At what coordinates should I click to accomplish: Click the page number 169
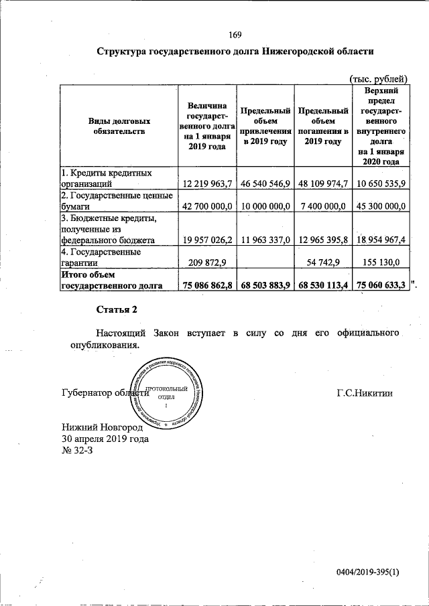coord(235,35)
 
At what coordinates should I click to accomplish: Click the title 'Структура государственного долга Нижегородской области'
coord(235,52)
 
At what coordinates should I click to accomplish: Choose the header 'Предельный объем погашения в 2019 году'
coord(322,126)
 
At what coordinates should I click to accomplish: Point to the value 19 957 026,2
coord(206,239)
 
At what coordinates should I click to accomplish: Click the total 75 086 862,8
coord(206,285)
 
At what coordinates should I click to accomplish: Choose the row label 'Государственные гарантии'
coord(101,258)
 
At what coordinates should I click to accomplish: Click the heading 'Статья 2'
coord(116,309)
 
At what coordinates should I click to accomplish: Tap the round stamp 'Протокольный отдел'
coord(166,395)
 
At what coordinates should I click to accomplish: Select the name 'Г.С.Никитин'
coord(364,393)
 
